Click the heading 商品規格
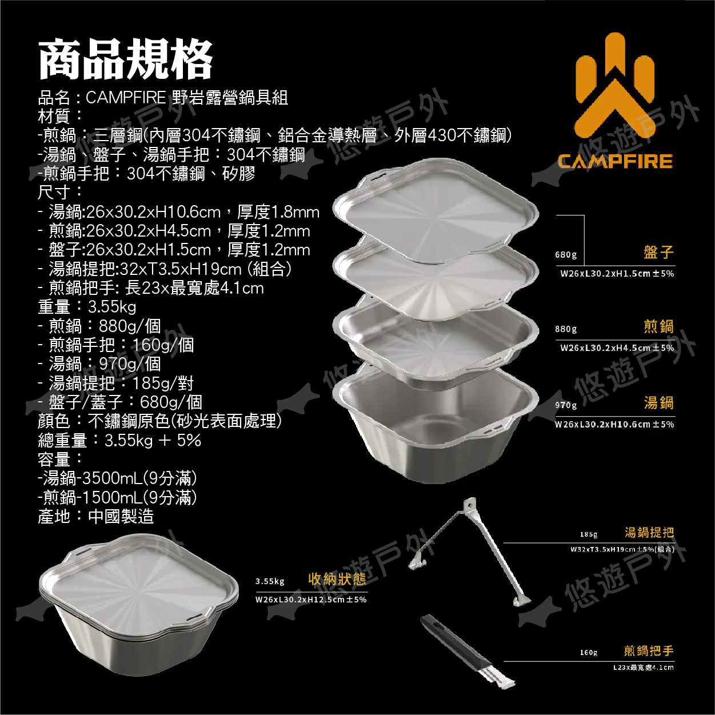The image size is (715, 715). pyautogui.click(x=125, y=61)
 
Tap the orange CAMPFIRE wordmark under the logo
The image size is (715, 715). pyautogui.click(x=616, y=161)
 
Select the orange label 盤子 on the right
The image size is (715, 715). pyautogui.click(x=658, y=252)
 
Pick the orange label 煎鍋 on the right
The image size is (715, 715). pyautogui.click(x=658, y=327)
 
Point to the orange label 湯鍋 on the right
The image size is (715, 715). pyautogui.click(x=658, y=403)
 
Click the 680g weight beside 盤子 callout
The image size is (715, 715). pyautogui.click(x=566, y=255)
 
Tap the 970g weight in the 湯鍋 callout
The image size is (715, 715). pyautogui.click(x=566, y=405)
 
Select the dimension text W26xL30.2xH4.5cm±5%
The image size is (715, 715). pyautogui.click(x=617, y=348)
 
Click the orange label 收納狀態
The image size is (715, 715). pyautogui.click(x=337, y=579)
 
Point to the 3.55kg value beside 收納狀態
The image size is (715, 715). pyautogui.click(x=270, y=581)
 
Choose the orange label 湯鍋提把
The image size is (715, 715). pyautogui.click(x=649, y=533)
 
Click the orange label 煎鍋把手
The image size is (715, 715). pyautogui.click(x=649, y=651)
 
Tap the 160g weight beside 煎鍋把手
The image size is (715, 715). pyautogui.click(x=589, y=653)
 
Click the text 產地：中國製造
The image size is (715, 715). pyautogui.click(x=95, y=516)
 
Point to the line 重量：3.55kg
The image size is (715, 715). pyautogui.click(x=87, y=307)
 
